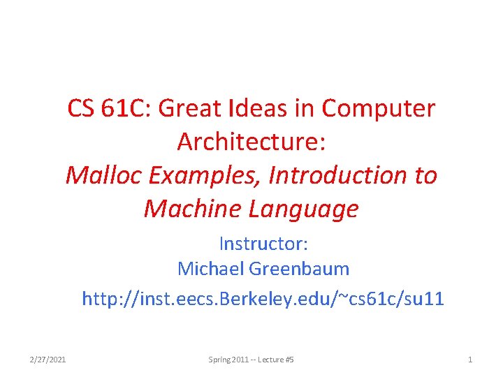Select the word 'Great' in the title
[189, 108]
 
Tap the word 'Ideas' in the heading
[257, 108]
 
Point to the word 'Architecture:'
[251, 141]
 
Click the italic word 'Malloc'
[103, 175]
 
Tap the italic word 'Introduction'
[338, 175]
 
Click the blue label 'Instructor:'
[263, 244]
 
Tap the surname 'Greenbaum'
[299, 268]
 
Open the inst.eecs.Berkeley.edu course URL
[263, 299]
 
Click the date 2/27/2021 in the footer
[48, 360]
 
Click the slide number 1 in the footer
[470, 360]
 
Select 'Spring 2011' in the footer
[228, 360]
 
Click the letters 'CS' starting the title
[81, 108]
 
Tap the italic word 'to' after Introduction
[426, 176]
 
